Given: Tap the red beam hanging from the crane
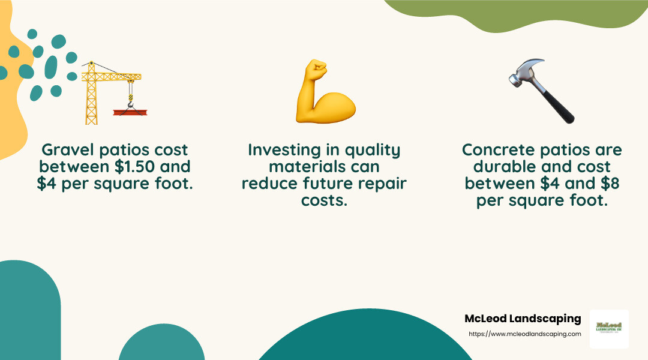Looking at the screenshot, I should coord(130,112).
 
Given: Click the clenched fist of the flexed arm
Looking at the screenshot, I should coord(316,70).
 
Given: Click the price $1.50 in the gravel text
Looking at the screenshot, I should coord(140,166).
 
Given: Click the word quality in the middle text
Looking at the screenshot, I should coord(371,149).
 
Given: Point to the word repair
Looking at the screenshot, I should coord(381,184).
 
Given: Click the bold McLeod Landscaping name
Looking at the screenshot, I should coord(523,319).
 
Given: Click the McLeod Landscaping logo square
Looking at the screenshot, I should coord(609,329).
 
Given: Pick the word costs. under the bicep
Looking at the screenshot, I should coord(324,200).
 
